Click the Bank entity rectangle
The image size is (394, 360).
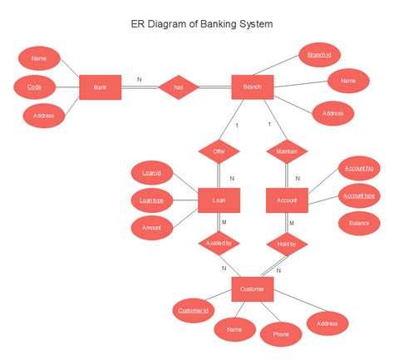point(101,87)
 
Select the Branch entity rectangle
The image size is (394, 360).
point(253,87)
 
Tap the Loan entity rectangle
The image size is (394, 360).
point(219,200)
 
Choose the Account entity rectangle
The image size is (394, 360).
point(287,200)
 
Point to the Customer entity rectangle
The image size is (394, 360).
point(253,288)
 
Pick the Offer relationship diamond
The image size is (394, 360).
point(219,151)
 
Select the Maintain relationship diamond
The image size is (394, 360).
point(287,151)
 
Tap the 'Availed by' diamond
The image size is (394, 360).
point(219,244)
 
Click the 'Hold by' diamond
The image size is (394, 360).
point(287,244)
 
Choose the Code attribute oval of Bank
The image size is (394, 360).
point(35,86)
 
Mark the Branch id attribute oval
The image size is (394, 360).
point(319,55)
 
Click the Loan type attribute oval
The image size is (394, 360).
point(152,200)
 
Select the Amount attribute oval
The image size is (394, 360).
point(152,227)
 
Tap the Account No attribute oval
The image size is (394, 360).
point(359,169)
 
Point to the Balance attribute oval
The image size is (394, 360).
point(359,223)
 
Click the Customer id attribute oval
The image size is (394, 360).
point(192,312)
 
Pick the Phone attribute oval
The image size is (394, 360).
point(281,333)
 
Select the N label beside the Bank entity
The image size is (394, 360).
point(139,80)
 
